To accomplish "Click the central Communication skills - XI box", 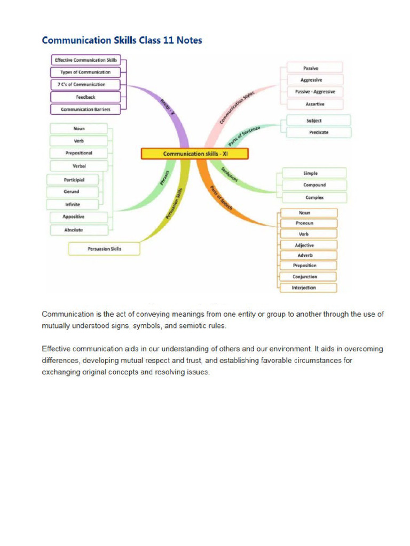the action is (195, 154).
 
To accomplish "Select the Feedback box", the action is (85, 97).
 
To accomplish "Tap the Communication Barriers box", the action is (85, 109).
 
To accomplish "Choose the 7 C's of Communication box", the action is (85, 84).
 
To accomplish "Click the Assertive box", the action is (315, 104).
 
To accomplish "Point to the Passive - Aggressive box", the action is (315, 92).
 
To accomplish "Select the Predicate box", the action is (319, 132).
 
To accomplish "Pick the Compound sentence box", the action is (314, 185).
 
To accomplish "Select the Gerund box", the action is (72, 191).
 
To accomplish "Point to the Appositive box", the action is (74, 217).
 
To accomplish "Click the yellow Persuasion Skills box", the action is (104, 248).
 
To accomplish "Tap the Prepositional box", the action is (79, 153).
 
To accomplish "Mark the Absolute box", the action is (74, 230).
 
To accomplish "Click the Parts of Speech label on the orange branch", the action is (221, 198).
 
